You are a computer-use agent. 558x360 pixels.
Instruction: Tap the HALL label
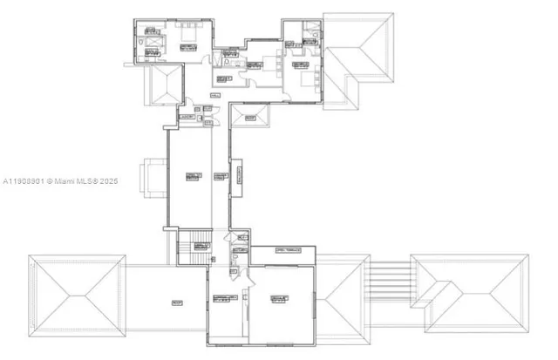click(x=214, y=94)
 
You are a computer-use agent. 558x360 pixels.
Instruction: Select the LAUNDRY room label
click(x=186, y=116)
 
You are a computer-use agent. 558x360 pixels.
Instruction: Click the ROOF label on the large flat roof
click(x=177, y=302)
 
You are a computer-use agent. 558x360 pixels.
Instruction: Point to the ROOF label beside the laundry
click(x=249, y=117)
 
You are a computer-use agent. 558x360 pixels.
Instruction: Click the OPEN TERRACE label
click(x=287, y=250)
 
